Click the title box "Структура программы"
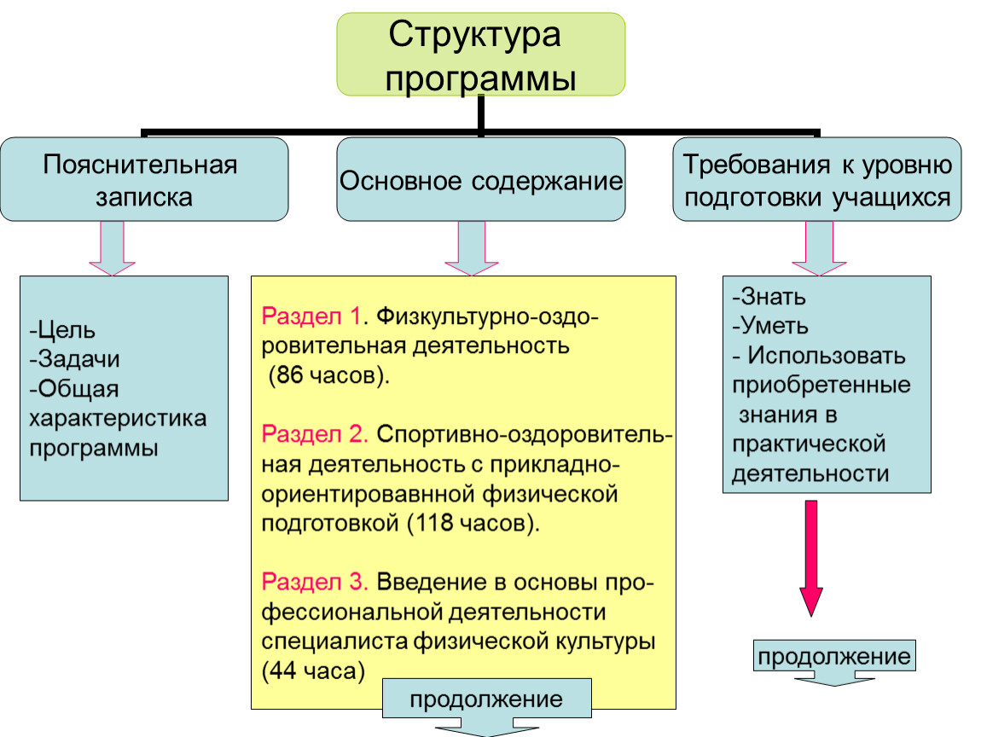(480, 55)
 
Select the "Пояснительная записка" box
(144, 179)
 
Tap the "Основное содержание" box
(480, 179)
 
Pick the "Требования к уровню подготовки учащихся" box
(817, 179)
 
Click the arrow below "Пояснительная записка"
(112, 248)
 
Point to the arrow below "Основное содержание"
(472, 248)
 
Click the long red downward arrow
(811, 558)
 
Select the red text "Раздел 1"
(311, 316)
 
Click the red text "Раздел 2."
(315, 433)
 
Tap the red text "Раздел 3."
(315, 581)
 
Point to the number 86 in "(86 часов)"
(290, 374)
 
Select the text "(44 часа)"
(313, 670)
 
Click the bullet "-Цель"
(62, 329)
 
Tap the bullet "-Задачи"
(74, 358)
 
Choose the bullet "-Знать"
(769, 296)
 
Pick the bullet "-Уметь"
(770, 325)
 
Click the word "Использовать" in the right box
(827, 356)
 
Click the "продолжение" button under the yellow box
(487, 699)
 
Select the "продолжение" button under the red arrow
(834, 656)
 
